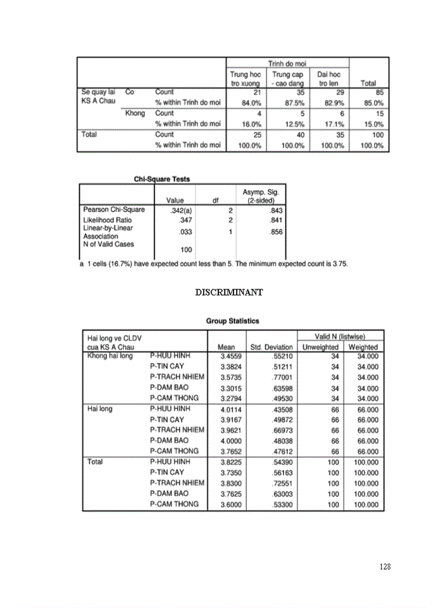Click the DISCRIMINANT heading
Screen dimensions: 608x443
[x=228, y=292]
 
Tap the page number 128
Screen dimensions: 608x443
[x=385, y=566]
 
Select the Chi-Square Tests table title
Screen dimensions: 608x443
[x=162, y=179]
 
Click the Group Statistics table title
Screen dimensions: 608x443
[x=232, y=321]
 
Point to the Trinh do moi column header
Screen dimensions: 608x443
[x=287, y=63]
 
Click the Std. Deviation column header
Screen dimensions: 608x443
[x=271, y=347]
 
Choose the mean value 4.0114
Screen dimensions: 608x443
[x=228, y=409]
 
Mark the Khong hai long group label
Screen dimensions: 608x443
[x=110, y=356]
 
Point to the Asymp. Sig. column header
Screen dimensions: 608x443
[x=260, y=196]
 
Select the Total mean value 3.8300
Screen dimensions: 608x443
[x=228, y=483]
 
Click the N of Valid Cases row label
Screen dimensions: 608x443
[x=108, y=244]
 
